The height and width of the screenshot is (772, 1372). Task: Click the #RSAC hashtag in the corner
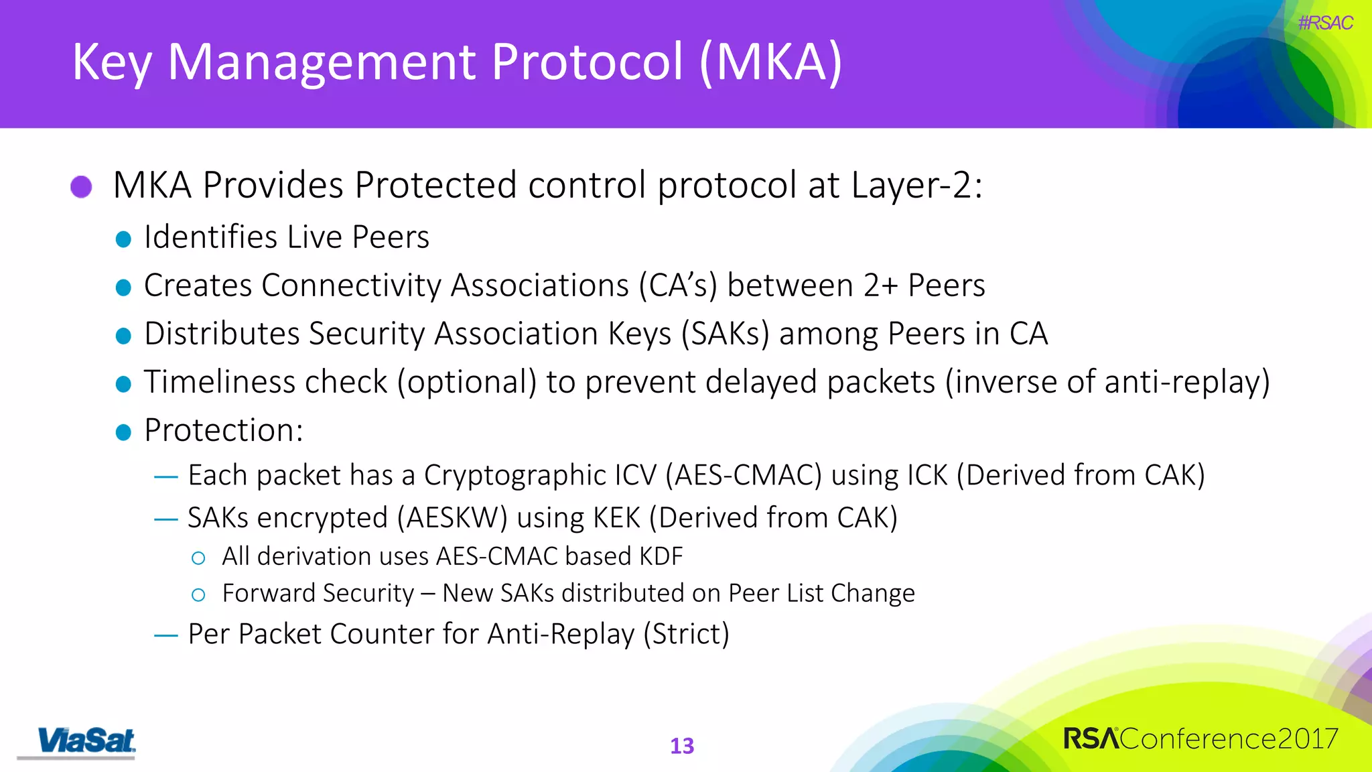click(1324, 23)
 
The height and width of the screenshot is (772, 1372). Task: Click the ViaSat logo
click(86, 741)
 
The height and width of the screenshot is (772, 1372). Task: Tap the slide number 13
click(682, 746)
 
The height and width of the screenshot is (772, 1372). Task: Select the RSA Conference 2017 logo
click(1200, 738)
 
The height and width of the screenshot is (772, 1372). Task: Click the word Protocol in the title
click(588, 62)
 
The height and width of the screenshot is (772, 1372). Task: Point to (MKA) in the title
click(770, 62)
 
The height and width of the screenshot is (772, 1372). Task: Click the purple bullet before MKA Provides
click(81, 186)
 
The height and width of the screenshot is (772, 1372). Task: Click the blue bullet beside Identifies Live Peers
click(123, 239)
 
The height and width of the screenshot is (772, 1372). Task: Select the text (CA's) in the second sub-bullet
click(677, 285)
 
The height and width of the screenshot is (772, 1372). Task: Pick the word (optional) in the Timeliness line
click(467, 382)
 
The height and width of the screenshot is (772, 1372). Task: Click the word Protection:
click(224, 430)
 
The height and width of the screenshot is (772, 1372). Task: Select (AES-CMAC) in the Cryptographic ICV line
click(743, 475)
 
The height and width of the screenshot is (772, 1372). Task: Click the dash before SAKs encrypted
click(165, 519)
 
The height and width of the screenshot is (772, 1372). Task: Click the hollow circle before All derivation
click(198, 558)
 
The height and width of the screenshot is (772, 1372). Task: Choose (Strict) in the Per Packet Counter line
click(686, 634)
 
